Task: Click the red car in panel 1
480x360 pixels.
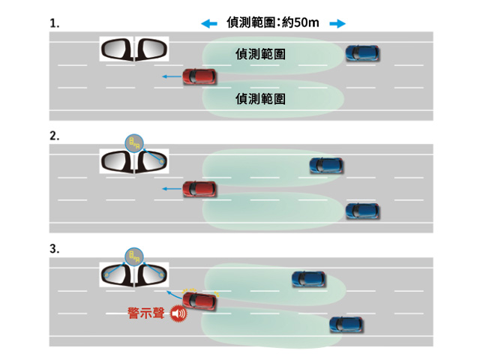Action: [x=200, y=76]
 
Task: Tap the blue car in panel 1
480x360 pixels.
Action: [x=362, y=53]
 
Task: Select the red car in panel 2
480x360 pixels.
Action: [x=200, y=188]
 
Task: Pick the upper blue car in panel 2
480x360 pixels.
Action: [x=326, y=165]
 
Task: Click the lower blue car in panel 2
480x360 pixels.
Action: [x=362, y=211]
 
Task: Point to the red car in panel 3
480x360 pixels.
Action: [x=200, y=301]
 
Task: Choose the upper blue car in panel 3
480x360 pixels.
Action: [x=308, y=279]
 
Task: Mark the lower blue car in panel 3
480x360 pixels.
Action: [x=346, y=325]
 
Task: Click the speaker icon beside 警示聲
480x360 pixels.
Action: [x=178, y=315]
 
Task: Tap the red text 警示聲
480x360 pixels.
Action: [x=147, y=314]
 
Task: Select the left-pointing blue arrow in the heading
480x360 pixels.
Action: [x=208, y=24]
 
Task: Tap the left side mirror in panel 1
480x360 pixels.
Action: [x=117, y=50]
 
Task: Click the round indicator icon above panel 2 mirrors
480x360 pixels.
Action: [x=133, y=142]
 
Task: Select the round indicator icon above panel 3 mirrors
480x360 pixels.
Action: [x=133, y=256]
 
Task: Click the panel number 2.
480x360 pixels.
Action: [x=53, y=136]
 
